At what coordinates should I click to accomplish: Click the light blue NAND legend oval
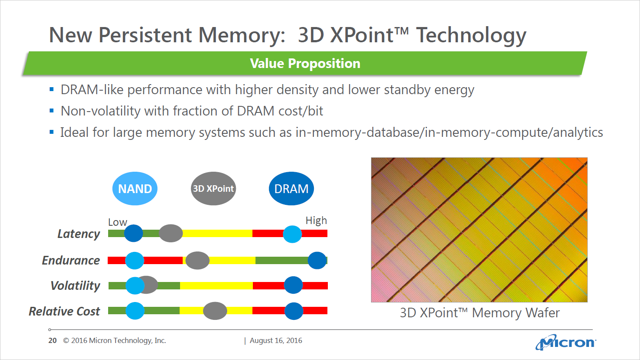tap(135, 189)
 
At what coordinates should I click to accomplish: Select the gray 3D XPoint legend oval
tap(213, 189)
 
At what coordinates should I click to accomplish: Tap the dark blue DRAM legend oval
tap(291, 189)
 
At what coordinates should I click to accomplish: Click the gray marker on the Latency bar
tap(171, 234)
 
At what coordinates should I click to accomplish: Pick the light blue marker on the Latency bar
tap(292, 234)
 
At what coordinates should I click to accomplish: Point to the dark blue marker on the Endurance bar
tap(317, 261)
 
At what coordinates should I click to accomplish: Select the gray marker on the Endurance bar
tap(197, 261)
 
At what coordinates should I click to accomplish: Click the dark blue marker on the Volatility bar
tap(293, 285)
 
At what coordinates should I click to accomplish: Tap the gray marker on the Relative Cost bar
tap(215, 311)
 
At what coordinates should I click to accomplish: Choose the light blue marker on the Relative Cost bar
tap(135, 311)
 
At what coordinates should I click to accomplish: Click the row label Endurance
tap(71, 261)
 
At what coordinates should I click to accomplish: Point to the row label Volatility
tap(75, 286)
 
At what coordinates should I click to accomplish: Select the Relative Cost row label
tap(65, 311)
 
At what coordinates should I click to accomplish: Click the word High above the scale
tap(316, 221)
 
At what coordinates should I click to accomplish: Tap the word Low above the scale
tap(117, 222)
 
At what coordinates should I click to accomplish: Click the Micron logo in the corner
tap(565, 343)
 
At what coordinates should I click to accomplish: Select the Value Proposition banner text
tap(305, 64)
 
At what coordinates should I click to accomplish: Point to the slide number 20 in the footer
tap(52, 340)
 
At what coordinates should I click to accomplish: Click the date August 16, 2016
tap(276, 340)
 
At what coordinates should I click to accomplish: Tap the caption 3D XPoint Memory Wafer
tap(480, 313)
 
